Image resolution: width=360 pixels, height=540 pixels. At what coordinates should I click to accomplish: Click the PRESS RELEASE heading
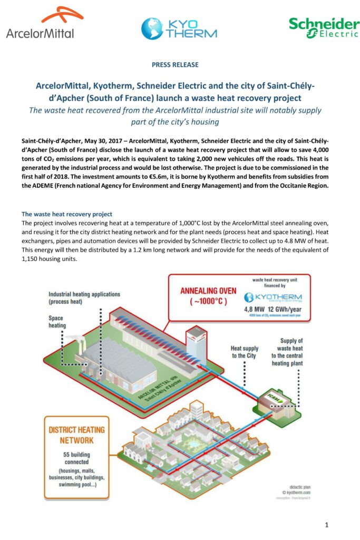click(x=175, y=65)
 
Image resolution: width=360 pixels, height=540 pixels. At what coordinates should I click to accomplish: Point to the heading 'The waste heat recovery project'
click(x=66, y=214)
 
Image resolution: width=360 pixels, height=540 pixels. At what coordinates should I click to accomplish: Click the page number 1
click(x=327, y=524)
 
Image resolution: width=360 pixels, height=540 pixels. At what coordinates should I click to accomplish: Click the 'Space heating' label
click(x=57, y=322)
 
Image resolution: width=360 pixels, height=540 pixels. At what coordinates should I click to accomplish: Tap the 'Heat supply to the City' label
click(x=245, y=352)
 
